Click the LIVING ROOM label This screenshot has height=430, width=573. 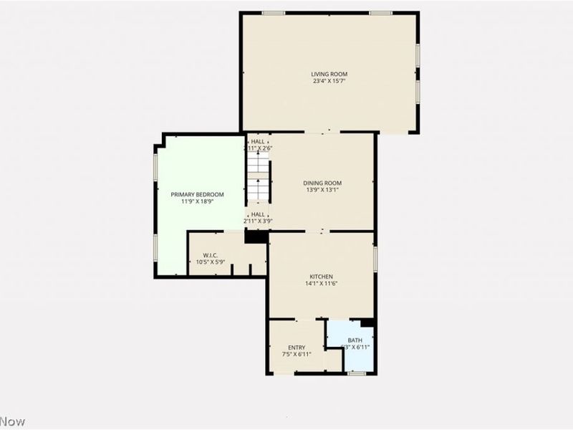click(x=329, y=74)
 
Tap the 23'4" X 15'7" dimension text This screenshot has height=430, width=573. click(x=329, y=81)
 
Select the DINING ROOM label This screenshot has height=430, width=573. click(x=322, y=183)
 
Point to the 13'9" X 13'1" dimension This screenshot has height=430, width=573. click(x=322, y=190)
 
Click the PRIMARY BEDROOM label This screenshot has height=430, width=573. click(x=197, y=194)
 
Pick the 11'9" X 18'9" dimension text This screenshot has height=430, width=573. click(x=197, y=201)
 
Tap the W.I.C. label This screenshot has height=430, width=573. click(x=210, y=255)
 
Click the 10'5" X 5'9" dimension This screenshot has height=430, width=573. click(x=211, y=262)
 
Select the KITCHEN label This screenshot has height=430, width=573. click(x=321, y=277)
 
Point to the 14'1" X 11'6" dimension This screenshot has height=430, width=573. click(x=321, y=284)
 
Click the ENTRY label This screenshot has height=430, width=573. click(x=297, y=348)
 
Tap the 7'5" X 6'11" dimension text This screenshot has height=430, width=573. click(x=297, y=355)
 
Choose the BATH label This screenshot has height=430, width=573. click(x=355, y=340)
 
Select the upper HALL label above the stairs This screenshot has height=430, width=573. click(x=258, y=142)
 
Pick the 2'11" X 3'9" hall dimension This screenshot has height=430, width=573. click(x=259, y=221)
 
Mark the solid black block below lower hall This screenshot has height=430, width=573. click(x=256, y=236)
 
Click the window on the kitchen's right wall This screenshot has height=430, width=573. click(x=375, y=258)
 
